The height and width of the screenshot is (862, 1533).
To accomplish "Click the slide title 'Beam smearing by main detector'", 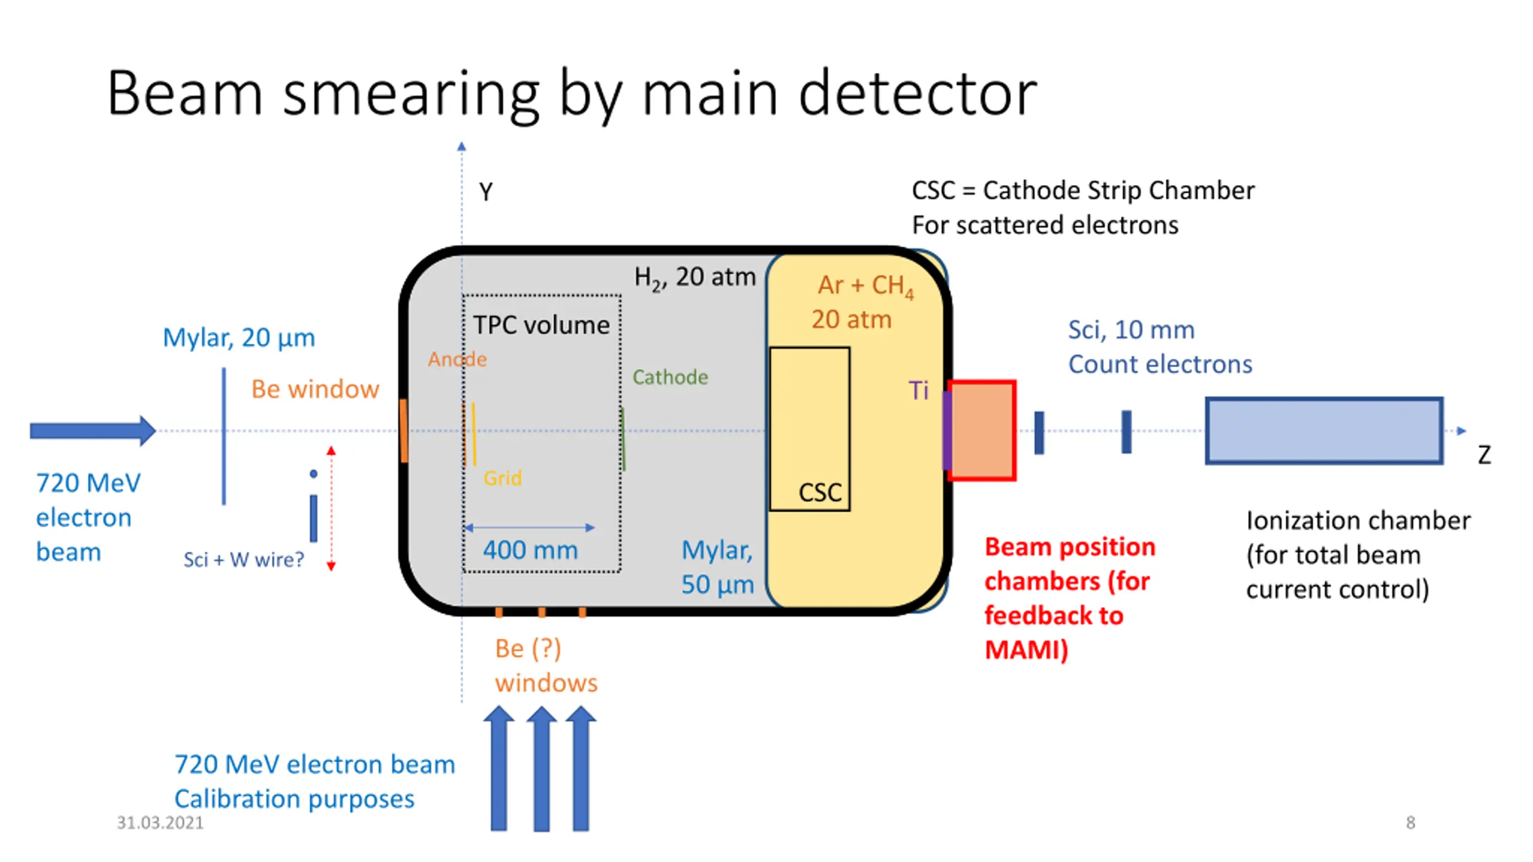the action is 572,94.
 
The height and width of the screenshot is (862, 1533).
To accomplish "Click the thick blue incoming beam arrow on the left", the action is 93,430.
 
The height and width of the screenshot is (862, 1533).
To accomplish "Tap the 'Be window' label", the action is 315,389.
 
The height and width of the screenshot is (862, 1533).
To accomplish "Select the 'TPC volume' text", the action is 541,325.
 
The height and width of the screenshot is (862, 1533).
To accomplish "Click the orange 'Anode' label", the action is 458,359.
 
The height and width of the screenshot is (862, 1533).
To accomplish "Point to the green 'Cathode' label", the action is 670,377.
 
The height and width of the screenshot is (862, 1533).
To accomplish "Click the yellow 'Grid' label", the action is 502,478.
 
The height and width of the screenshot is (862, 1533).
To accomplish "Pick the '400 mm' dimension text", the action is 531,550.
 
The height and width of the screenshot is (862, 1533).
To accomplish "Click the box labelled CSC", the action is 810,429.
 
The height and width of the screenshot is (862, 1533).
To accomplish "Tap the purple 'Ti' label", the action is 919,390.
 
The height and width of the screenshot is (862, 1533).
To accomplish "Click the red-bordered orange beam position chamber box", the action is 982,430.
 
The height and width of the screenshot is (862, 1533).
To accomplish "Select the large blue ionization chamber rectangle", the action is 1324,430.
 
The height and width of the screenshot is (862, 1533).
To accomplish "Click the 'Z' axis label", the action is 1484,455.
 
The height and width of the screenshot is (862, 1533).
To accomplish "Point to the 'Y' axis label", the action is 486,192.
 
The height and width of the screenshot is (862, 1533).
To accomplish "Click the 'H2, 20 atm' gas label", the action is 695,278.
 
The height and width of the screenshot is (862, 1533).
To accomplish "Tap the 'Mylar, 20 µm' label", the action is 239,338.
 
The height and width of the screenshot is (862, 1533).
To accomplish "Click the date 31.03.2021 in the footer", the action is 160,822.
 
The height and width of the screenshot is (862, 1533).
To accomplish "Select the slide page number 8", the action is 1410,822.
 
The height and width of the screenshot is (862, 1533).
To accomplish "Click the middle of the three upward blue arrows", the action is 542,769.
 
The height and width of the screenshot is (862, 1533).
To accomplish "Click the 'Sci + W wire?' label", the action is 244,560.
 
